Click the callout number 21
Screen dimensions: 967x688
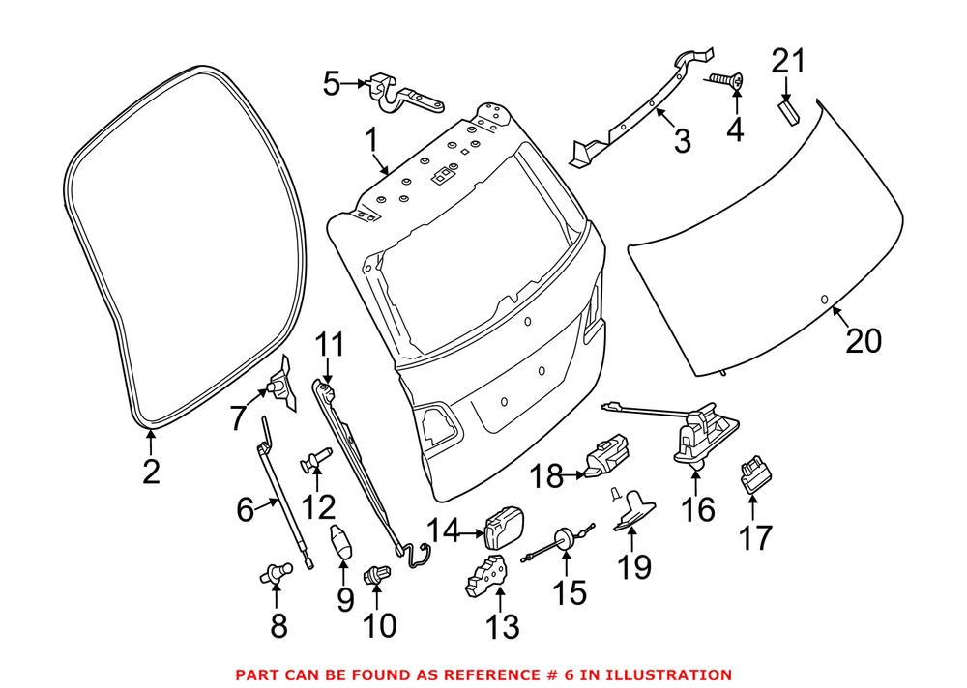coord(789,62)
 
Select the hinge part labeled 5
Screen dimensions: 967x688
coord(406,96)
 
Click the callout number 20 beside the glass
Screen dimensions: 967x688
coord(864,340)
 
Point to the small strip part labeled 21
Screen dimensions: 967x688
coord(787,113)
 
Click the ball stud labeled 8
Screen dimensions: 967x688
coord(275,573)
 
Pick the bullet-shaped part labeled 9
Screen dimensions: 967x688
coord(341,541)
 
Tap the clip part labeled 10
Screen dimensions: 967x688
coord(375,575)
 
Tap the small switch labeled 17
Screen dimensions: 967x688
coord(755,474)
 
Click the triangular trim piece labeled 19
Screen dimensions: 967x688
coord(634,510)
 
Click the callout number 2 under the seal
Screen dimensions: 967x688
coord(151,472)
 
